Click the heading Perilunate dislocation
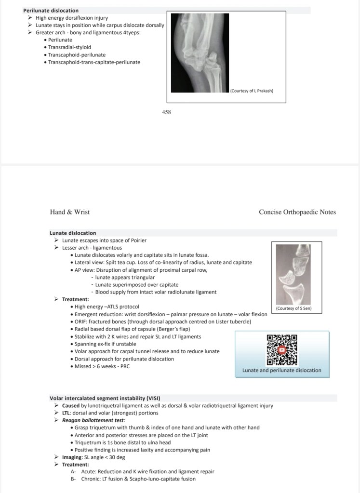(51, 10)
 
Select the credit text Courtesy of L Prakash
(252, 90)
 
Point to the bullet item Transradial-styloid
(70, 47)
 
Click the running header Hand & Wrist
(70, 212)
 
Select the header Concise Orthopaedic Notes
(297, 212)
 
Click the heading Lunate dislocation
(73, 233)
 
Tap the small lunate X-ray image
(293, 274)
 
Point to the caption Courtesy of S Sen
(293, 308)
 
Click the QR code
(282, 349)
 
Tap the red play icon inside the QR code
(282, 350)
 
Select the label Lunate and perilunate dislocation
(281, 370)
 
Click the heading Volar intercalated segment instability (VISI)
(105, 398)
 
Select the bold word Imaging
(71, 457)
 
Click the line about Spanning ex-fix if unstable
(105, 344)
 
